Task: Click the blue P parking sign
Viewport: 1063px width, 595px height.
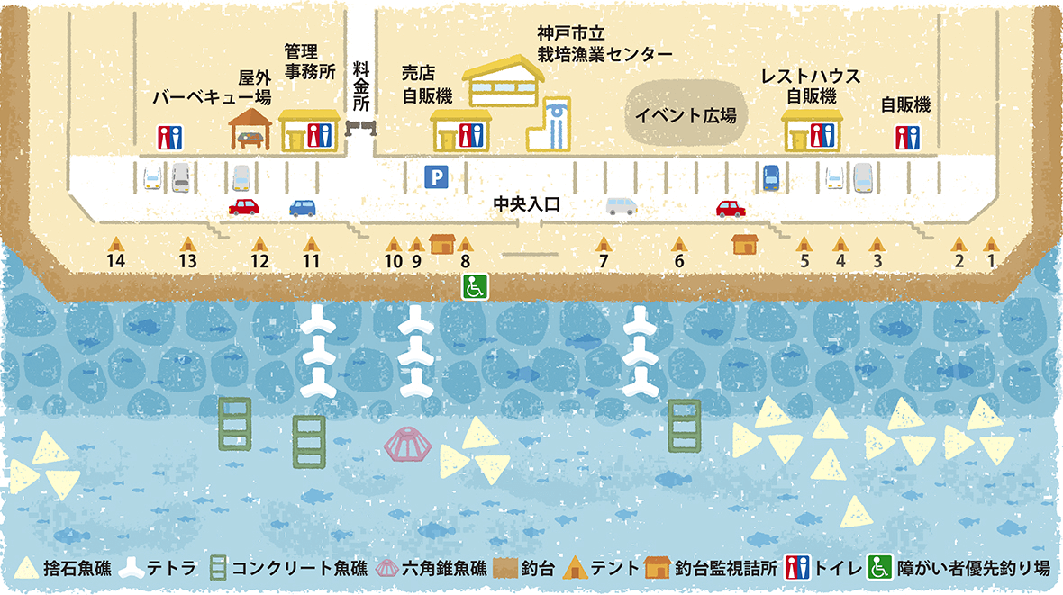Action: [436, 177]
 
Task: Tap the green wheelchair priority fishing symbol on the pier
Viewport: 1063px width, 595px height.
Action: [475, 286]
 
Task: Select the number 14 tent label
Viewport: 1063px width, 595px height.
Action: [116, 261]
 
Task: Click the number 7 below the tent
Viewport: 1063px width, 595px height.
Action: [604, 261]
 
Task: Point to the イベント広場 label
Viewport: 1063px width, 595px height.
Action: [686, 115]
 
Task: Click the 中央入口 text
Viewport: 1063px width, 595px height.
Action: [526, 204]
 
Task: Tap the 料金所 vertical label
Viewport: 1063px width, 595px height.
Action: [360, 86]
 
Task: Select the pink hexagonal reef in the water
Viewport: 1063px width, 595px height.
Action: [407, 444]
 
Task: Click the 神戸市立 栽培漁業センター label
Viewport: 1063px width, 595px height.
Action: [604, 43]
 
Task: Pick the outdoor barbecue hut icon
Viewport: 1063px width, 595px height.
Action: [250, 129]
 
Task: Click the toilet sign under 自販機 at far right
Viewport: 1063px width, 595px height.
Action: [908, 138]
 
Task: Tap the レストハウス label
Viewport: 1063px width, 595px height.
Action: [811, 76]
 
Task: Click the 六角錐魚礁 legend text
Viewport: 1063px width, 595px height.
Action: [444, 568]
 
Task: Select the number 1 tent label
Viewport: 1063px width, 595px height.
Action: [991, 261]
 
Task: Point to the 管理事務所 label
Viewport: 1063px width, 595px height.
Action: [310, 61]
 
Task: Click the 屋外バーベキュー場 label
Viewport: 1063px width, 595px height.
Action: [213, 87]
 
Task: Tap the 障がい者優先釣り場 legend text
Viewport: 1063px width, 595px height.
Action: [974, 568]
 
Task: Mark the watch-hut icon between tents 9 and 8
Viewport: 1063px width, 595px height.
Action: [442, 243]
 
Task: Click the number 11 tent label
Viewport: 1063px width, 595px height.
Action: [311, 261]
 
